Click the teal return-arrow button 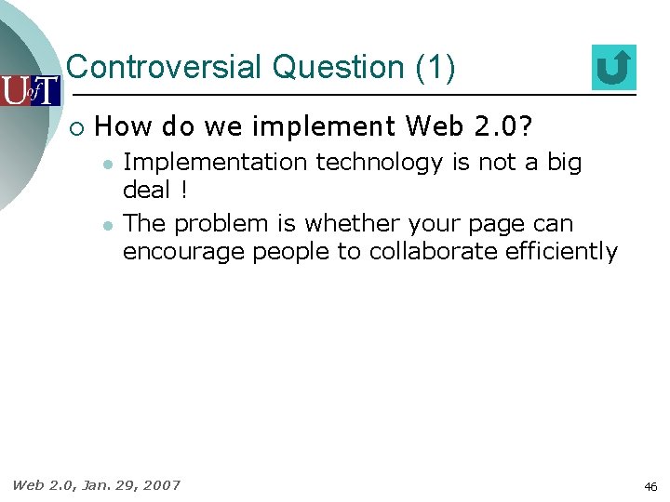click(613, 68)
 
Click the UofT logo click(30, 90)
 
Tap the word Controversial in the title click(165, 68)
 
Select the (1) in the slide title click(435, 68)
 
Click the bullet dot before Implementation click(108, 164)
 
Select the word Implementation click(216, 163)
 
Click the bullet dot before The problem click(108, 225)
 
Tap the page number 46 click(650, 486)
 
